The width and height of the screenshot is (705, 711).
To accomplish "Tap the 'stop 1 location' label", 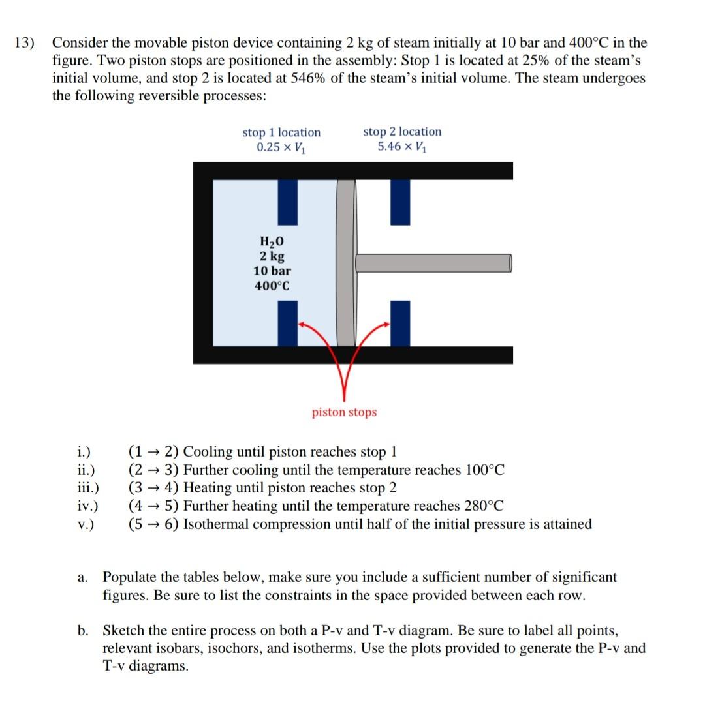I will (x=281, y=132).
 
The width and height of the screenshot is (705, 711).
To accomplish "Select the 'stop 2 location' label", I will (x=401, y=132).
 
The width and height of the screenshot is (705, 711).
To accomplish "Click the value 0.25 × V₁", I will (x=281, y=147).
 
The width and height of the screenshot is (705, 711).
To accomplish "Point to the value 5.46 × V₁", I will (x=401, y=146).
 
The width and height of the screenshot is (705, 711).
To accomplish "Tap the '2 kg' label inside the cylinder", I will (x=272, y=256).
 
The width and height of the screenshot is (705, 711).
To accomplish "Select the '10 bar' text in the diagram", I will (x=272, y=271).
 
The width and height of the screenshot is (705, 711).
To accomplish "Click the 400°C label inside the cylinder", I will (x=272, y=286).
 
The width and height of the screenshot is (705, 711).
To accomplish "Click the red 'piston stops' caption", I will (x=344, y=412).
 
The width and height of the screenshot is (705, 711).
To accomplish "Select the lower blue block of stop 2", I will (x=400, y=323).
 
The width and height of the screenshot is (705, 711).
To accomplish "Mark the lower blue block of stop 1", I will (x=288, y=323).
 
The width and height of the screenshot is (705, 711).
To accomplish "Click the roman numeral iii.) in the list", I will (x=87, y=488).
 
